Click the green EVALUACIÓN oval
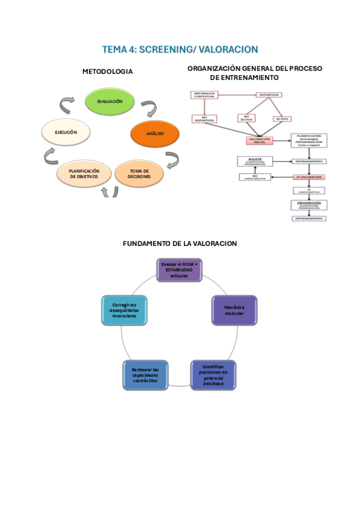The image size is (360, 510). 110,102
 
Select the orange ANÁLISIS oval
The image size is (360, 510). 155,132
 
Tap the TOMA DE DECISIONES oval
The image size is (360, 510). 139,174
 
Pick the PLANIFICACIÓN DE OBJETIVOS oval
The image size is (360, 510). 84,174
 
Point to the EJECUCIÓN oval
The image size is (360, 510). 66,132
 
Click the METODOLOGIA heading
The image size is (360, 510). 108,72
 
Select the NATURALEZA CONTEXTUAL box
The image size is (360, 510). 204,95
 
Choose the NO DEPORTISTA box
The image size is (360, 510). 204,118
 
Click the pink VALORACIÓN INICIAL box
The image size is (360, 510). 260,140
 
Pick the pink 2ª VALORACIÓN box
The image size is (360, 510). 309,177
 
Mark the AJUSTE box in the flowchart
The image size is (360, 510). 255,161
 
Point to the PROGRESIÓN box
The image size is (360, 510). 309,204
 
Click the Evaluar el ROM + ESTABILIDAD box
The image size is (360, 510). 179,270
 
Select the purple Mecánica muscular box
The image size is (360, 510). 234,310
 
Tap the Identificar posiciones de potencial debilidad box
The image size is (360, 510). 213,375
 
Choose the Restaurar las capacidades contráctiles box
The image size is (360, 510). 145,375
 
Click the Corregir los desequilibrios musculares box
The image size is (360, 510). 124,310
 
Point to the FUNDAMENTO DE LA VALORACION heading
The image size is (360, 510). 180,244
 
